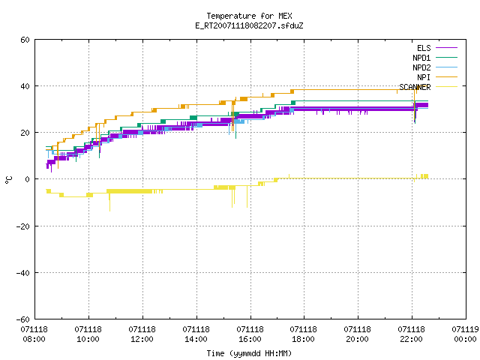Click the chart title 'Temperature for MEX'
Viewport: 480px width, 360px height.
249,16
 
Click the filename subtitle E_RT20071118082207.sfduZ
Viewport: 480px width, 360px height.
249,25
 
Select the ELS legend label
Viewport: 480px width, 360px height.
424,48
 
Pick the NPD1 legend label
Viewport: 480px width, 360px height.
421,58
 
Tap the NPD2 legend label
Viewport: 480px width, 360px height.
421,67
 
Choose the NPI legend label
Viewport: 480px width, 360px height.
424,77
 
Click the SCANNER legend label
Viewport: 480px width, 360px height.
415,87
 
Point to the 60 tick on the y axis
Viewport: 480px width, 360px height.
25,40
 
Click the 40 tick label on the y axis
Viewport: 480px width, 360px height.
25,86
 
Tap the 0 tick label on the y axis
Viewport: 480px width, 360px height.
27,179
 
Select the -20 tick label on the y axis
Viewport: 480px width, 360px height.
23,226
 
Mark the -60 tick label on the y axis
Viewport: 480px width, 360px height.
23,319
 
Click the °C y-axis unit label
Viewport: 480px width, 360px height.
8,180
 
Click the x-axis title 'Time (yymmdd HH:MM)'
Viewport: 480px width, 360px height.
249,353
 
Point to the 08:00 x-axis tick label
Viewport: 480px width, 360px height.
34,339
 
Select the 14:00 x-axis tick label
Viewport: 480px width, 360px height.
196,339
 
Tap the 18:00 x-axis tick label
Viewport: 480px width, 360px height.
303,339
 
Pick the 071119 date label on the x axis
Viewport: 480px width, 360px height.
465,329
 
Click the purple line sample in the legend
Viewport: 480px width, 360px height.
446,48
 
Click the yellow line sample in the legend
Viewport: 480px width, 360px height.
446,87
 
